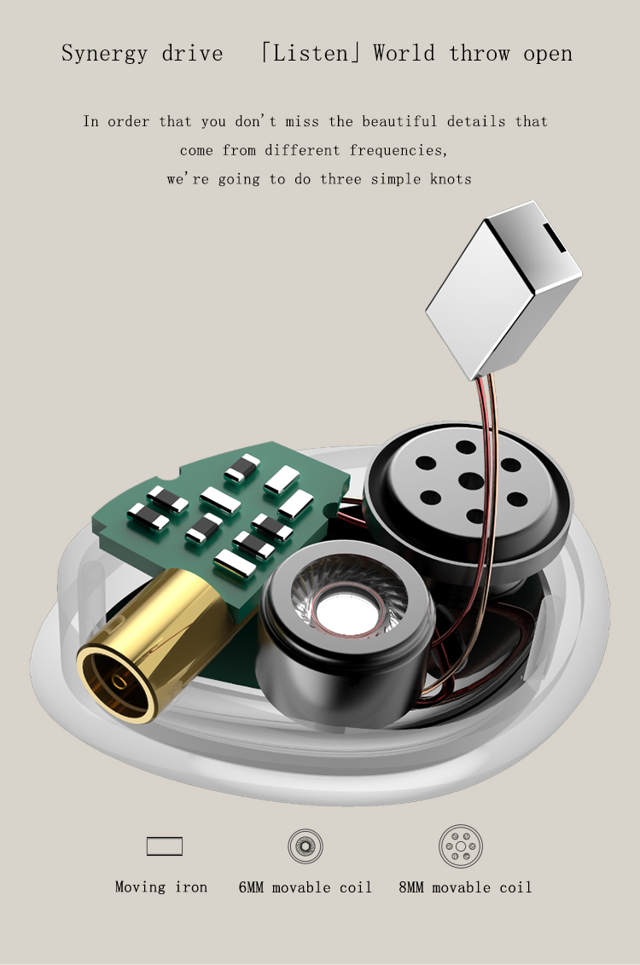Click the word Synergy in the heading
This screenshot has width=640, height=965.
[105, 54]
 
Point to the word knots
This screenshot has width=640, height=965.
[451, 179]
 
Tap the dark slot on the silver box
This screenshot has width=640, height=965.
[554, 237]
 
